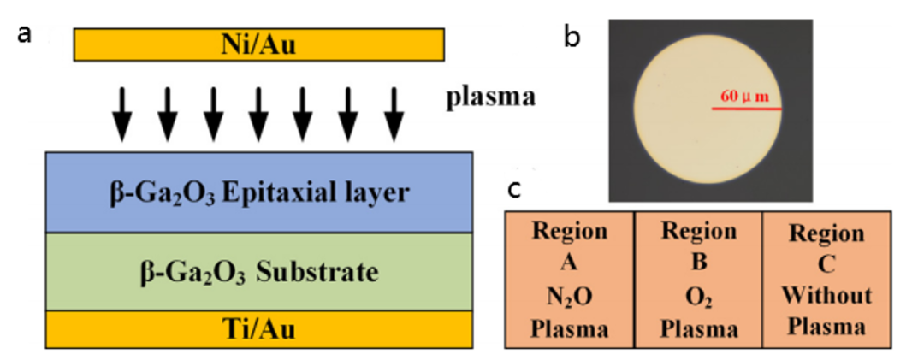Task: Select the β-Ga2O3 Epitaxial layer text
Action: [258, 192]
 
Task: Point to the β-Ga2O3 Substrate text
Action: [258, 273]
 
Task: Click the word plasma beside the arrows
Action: [490, 97]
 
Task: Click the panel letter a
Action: [26, 34]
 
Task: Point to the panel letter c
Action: [513, 189]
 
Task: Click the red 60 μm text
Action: [742, 96]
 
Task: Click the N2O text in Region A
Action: [569, 295]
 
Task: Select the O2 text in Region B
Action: [698, 295]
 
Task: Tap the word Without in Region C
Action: [826, 297]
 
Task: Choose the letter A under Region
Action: [569, 263]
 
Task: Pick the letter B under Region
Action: [698, 263]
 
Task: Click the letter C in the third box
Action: [826, 265]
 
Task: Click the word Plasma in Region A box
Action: [569, 327]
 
